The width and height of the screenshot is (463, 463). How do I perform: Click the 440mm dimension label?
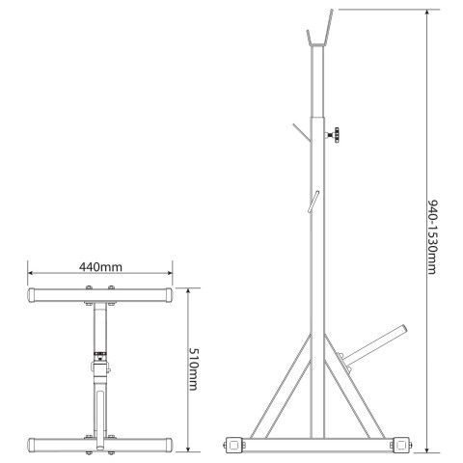point(100,267)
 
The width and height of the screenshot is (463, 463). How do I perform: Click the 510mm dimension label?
point(193,369)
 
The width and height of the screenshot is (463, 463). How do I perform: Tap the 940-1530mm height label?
point(432,237)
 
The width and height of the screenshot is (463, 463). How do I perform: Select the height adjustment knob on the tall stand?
point(334,135)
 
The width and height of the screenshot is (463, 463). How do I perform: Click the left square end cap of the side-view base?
point(234,445)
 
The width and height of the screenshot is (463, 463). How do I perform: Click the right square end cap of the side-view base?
point(401,445)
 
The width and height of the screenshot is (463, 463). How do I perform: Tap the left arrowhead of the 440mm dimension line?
point(31,273)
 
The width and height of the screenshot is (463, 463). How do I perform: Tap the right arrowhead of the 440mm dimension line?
point(170,273)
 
